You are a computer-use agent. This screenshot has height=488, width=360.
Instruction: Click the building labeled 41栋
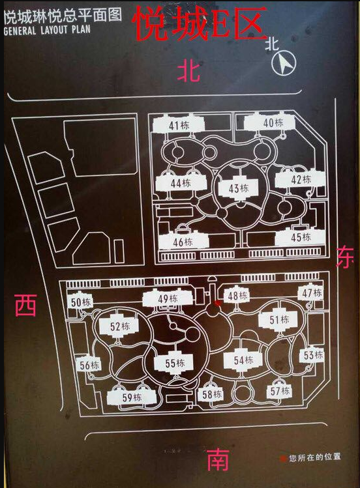tap(179, 124)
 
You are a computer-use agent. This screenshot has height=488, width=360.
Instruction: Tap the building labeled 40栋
tap(270, 122)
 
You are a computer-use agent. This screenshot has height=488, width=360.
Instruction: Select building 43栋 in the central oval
tap(239, 188)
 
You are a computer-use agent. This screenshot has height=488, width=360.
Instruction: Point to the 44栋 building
tap(181, 183)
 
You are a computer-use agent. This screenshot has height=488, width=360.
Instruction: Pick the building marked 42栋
tap(300, 179)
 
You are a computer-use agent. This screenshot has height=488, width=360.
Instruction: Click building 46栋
tap(183, 240)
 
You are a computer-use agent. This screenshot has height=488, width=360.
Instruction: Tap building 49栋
tap(168, 299)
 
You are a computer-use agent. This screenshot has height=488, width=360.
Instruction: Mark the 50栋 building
tap(80, 301)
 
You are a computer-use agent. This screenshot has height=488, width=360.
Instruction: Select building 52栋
tap(119, 326)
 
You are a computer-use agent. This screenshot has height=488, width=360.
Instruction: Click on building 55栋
tap(174, 362)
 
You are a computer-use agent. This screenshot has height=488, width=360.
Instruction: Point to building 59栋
tap(132, 397)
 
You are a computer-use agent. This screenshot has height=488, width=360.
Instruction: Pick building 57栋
tap(280, 391)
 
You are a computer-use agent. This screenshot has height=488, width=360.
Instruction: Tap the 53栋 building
tap(312, 355)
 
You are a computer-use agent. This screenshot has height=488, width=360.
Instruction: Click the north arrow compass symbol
tap(284, 63)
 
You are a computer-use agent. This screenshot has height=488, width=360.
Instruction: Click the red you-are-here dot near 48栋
tap(218, 303)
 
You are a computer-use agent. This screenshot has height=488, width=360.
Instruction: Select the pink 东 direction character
tap(345, 257)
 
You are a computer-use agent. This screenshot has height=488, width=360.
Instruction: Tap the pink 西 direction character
tap(26, 305)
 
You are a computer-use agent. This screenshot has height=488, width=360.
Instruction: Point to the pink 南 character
tap(218, 459)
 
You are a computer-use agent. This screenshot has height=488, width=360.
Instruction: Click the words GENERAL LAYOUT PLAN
tap(47, 30)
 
